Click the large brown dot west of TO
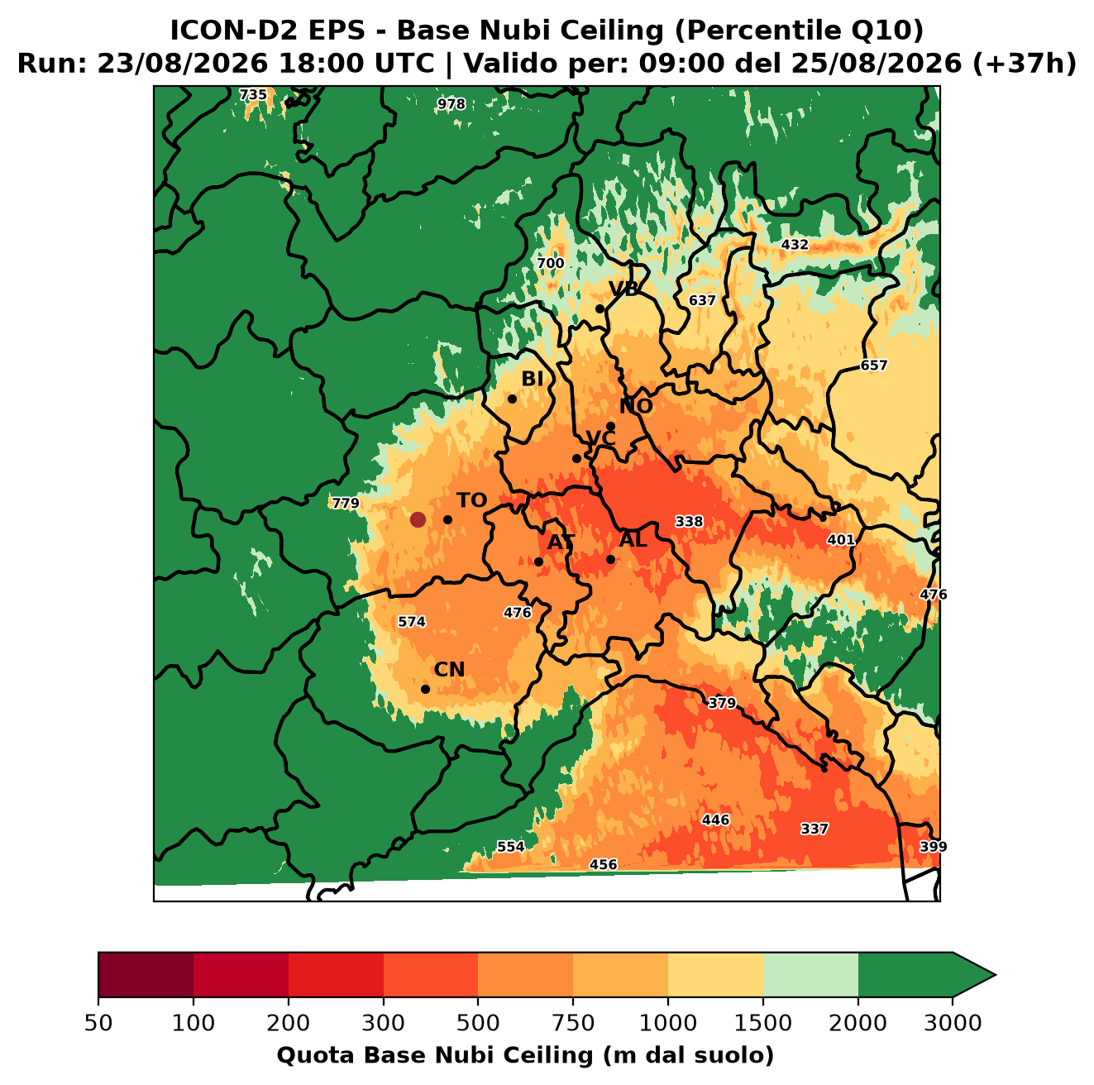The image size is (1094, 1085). click(x=418, y=519)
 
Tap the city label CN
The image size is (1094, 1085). click(x=449, y=669)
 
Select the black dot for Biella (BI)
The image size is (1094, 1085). click(x=512, y=399)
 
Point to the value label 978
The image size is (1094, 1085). click(x=451, y=104)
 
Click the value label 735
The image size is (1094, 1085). click(x=253, y=95)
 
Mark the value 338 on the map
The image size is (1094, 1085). click(x=689, y=521)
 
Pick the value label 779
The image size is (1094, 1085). click(x=345, y=503)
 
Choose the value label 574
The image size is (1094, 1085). click(x=412, y=622)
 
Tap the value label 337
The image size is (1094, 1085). click(x=815, y=829)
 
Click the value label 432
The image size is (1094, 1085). click(x=794, y=244)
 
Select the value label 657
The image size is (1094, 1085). click(x=873, y=365)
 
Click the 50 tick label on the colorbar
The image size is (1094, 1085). click(x=98, y=1023)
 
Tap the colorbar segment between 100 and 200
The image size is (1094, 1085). click(x=241, y=974)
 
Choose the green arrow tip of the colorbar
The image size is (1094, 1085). click(x=996, y=975)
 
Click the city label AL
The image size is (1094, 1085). click(x=633, y=539)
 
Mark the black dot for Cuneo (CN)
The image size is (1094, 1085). click(x=425, y=689)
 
